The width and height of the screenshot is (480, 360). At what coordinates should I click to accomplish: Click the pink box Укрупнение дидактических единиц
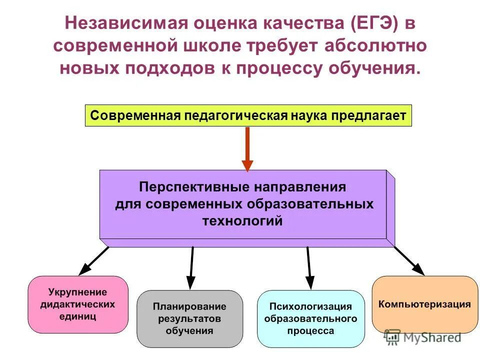(x=78, y=304)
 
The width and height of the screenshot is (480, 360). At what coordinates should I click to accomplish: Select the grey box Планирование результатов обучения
(x=189, y=318)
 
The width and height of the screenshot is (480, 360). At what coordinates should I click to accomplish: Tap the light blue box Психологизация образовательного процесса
(x=310, y=318)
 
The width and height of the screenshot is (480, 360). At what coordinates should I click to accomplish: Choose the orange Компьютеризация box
(x=424, y=304)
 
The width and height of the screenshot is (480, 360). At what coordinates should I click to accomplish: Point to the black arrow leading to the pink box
(x=93, y=260)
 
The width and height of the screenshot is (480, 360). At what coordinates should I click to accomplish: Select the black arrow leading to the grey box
(x=191, y=267)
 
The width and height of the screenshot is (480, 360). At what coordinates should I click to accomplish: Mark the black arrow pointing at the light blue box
(x=308, y=267)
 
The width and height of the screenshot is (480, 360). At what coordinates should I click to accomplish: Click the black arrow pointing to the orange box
(x=408, y=260)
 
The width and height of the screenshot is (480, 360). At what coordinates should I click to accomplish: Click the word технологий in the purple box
(x=242, y=220)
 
